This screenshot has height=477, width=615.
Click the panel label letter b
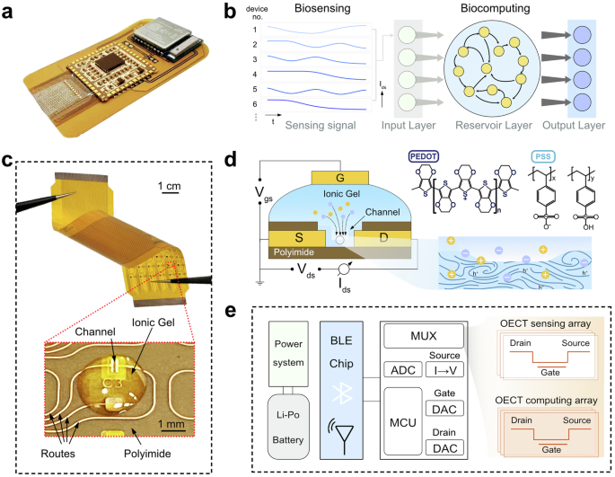click(x=228, y=12)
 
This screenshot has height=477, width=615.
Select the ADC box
click(x=397, y=370)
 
